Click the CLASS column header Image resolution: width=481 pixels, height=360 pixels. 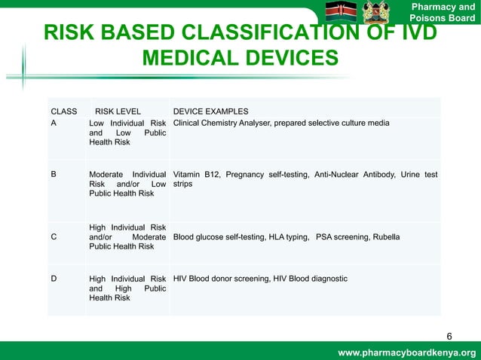point(63,111)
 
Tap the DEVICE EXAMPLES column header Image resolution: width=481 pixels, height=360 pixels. point(210,111)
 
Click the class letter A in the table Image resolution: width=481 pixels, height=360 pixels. point(54,123)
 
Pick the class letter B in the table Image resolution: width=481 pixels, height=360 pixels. point(54,174)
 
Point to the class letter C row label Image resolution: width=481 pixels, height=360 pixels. point(54,236)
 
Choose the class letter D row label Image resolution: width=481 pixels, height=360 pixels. point(54,279)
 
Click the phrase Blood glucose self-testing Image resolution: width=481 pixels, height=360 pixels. point(219,236)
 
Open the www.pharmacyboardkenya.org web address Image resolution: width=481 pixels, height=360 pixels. point(406,352)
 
